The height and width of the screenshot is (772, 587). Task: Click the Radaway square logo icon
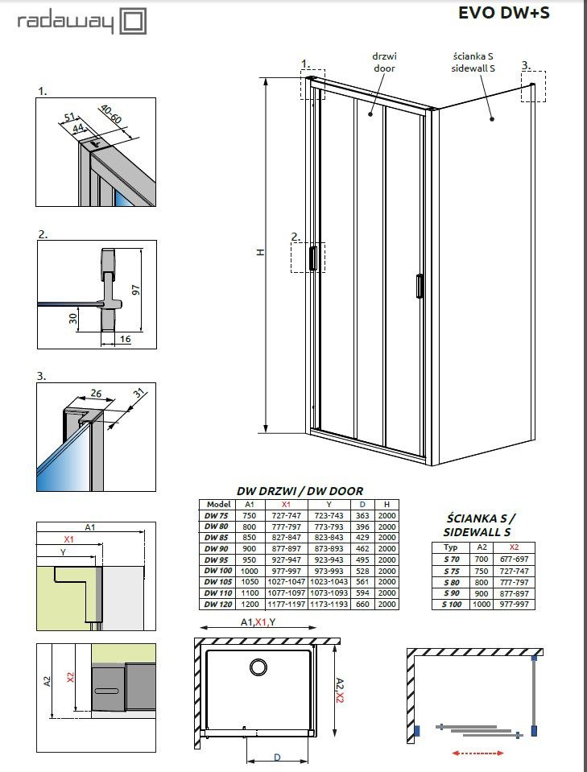coord(133,22)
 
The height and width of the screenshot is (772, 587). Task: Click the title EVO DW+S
coord(503,13)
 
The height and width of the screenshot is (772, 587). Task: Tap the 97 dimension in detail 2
coord(136,290)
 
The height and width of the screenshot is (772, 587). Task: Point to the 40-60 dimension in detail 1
coord(110,114)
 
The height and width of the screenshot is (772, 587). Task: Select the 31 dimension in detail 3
coord(140,394)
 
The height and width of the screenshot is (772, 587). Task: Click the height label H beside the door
coord(261,252)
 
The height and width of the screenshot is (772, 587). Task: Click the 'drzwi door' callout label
coord(384,63)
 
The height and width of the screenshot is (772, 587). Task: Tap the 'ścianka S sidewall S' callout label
coord(473,63)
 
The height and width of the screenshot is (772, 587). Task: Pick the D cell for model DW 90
coord(362,548)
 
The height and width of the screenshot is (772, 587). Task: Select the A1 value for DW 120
coord(250,604)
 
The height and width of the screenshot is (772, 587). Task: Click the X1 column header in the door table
coord(286,504)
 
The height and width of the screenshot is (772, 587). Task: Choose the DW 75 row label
coord(216,515)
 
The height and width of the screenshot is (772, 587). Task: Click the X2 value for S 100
coord(514,604)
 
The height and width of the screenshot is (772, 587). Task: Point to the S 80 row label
coord(451,582)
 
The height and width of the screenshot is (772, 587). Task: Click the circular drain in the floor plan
coord(258,667)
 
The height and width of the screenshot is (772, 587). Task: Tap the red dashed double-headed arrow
coord(477,753)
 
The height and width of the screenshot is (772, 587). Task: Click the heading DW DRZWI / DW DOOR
coord(300,491)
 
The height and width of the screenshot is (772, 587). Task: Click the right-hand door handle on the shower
coord(420,286)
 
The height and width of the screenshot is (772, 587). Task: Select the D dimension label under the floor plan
coord(277,758)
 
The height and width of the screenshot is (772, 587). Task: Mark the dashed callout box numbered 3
coord(533,86)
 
